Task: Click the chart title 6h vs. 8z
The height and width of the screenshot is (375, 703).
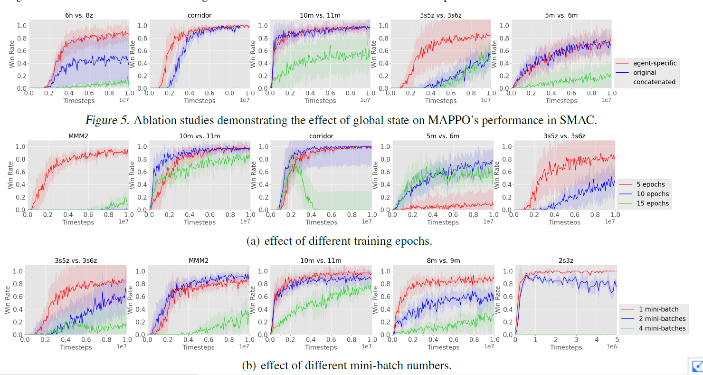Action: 78,15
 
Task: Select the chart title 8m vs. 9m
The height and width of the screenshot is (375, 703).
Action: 443,260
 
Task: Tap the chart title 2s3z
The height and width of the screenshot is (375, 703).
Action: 566,260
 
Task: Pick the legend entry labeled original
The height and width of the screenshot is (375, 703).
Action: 645,73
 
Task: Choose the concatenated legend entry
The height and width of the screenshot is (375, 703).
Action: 654,82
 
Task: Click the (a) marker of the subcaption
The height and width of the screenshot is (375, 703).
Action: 253,241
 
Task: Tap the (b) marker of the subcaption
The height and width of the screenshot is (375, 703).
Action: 249,365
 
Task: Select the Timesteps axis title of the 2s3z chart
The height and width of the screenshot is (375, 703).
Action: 566,347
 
